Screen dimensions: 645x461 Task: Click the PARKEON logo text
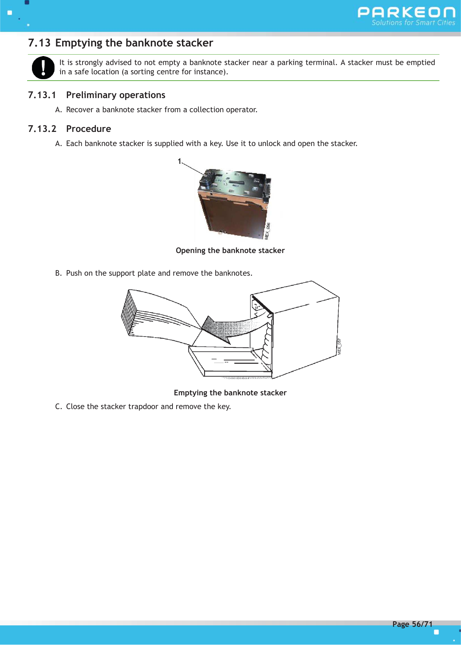tap(406, 13)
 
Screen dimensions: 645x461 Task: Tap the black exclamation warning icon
tap(43, 68)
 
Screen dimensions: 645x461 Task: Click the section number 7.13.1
tap(42, 95)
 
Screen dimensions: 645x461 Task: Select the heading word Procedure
tap(88, 129)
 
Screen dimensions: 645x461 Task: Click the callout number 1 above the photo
tap(179, 161)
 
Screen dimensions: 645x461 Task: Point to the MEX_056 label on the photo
tap(268, 231)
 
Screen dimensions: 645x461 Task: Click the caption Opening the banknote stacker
tap(230, 250)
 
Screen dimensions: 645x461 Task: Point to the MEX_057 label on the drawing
tap(339, 346)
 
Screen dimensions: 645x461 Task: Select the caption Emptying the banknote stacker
tap(230, 393)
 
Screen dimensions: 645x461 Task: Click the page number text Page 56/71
tap(412, 624)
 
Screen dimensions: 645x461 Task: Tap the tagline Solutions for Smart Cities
tap(413, 23)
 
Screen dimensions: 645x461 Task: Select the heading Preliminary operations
tap(116, 95)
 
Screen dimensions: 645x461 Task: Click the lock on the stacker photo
tap(206, 179)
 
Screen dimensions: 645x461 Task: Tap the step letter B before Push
tap(58, 273)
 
